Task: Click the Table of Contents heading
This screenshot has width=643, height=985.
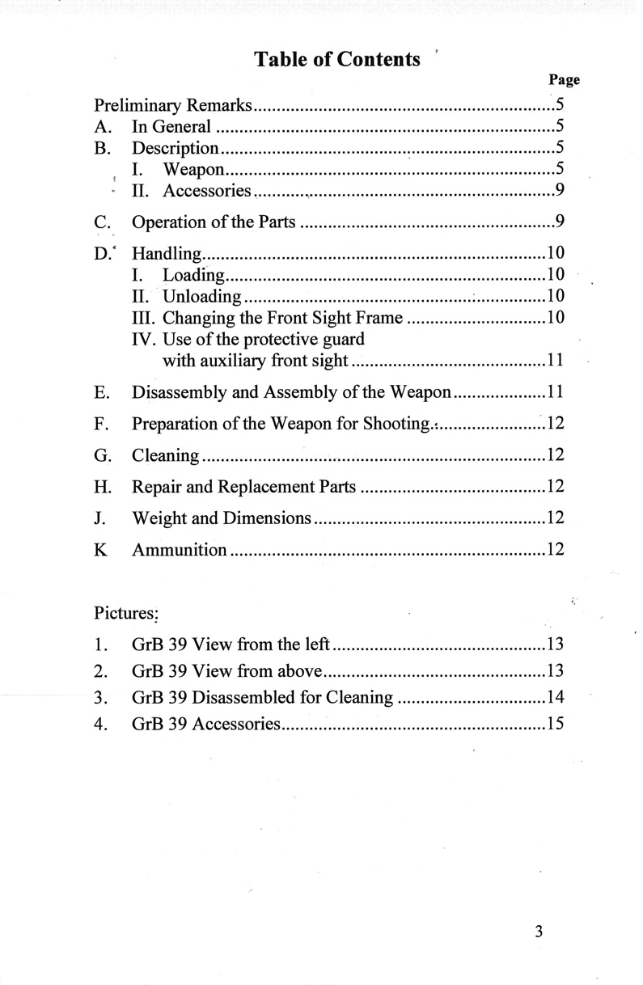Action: point(337,59)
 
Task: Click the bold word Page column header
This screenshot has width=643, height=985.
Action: point(564,80)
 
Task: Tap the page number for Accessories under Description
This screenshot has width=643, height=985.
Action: point(559,191)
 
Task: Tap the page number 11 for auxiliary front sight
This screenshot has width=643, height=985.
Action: point(555,360)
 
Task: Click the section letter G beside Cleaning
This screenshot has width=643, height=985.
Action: point(101,455)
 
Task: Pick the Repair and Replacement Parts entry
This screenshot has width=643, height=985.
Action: point(244,487)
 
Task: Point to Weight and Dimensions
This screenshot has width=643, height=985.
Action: point(222,518)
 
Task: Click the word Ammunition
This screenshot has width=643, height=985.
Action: point(180,550)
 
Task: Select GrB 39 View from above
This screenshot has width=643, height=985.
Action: point(228,670)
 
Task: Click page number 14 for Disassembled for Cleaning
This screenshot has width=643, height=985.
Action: point(555,697)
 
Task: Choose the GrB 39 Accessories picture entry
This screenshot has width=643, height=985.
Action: point(205,724)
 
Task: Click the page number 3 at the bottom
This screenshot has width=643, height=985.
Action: point(538,931)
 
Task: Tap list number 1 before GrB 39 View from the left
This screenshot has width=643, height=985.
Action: point(99,645)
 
